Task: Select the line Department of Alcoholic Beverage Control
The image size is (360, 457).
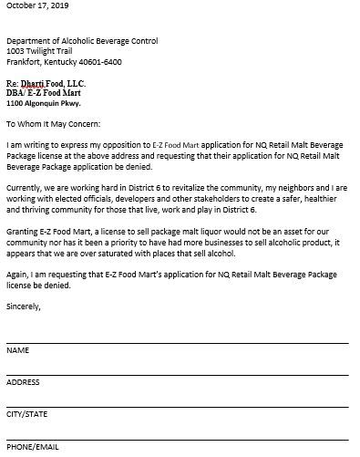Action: click(82, 41)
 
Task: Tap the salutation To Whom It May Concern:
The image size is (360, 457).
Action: click(54, 123)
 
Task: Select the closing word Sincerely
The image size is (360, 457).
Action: click(24, 308)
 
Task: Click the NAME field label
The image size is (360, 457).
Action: click(17, 350)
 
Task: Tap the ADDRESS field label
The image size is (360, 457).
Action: click(23, 382)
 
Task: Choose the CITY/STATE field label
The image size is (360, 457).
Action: click(26, 414)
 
